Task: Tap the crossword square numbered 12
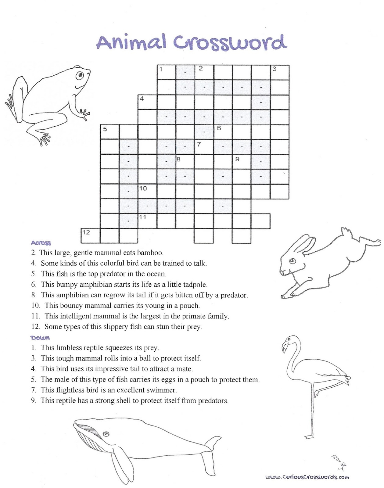(x=90, y=236)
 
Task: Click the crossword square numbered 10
(x=148, y=192)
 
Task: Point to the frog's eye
(x=81, y=75)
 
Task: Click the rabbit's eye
(x=292, y=261)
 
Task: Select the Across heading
(x=41, y=243)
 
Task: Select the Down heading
(x=40, y=338)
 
